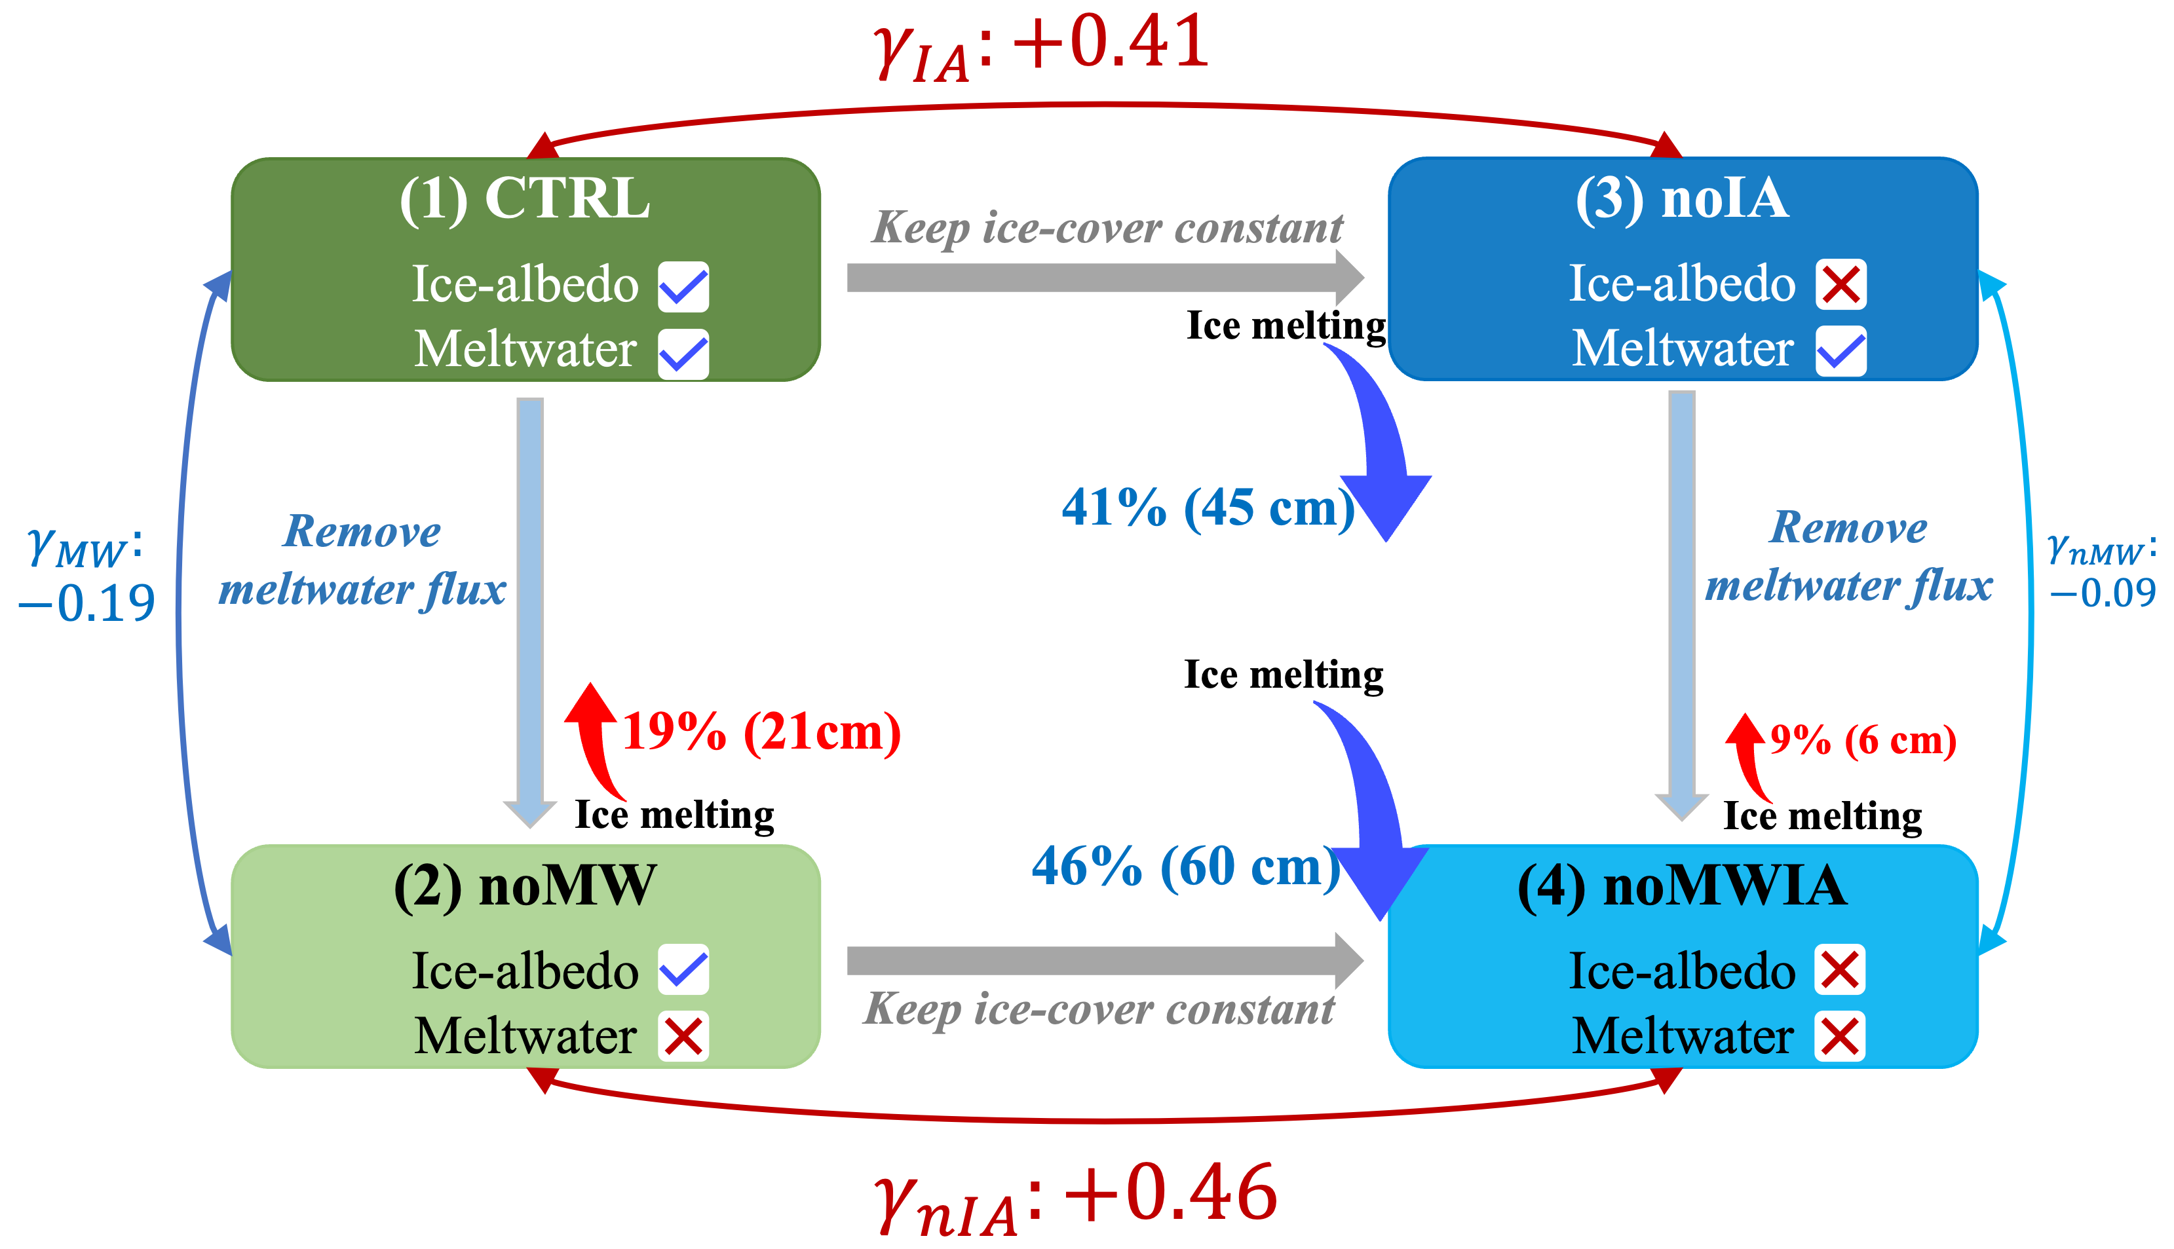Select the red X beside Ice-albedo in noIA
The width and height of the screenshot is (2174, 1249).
(1840, 285)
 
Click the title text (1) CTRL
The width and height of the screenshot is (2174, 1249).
(525, 199)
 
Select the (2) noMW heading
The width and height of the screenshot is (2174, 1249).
(525, 885)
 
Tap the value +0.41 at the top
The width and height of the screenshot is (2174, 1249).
(1111, 43)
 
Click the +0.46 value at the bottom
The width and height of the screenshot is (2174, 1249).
(1171, 1194)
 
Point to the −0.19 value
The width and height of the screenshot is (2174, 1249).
(88, 603)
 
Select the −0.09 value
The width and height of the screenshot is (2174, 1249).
(2102, 593)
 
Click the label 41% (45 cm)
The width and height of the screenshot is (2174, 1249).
(1208, 508)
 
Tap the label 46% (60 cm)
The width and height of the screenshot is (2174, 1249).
(1186, 867)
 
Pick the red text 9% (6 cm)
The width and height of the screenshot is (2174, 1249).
(1863, 739)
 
